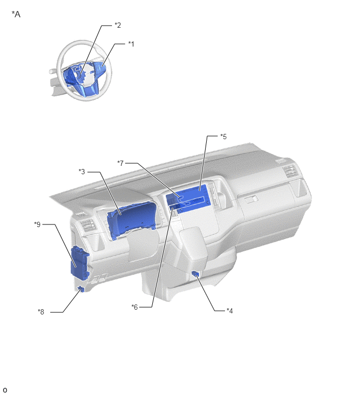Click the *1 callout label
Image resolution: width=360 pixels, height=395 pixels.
[x=131, y=44]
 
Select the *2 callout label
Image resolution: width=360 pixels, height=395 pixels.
[x=118, y=25]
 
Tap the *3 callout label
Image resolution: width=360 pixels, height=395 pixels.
[x=82, y=172]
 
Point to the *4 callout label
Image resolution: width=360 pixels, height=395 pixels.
[x=230, y=311]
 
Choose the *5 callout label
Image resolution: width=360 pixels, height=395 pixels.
[x=223, y=137]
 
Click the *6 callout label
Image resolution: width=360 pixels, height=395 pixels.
[x=134, y=307]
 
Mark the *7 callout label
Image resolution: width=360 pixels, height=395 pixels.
[x=120, y=163]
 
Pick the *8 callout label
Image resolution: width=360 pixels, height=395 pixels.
[x=41, y=312]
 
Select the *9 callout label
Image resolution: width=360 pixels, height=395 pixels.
[x=37, y=224]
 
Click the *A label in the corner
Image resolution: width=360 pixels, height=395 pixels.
[x=16, y=14]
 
